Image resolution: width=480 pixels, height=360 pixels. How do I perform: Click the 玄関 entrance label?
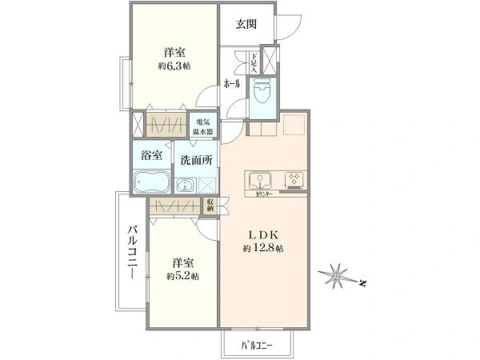pyautogui.click(x=246, y=23)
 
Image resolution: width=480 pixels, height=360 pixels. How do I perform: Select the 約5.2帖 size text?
pyautogui.click(x=183, y=276)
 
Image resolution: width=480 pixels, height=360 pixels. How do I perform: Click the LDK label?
pyautogui.click(x=265, y=235)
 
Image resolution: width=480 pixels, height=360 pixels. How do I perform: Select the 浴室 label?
pyautogui.click(x=152, y=155)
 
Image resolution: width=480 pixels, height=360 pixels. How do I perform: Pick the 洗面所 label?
pyautogui.click(x=195, y=159)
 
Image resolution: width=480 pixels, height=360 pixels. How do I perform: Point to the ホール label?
pyautogui.click(x=232, y=82)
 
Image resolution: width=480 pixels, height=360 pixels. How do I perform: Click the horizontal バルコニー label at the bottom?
pyautogui.click(x=258, y=346)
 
